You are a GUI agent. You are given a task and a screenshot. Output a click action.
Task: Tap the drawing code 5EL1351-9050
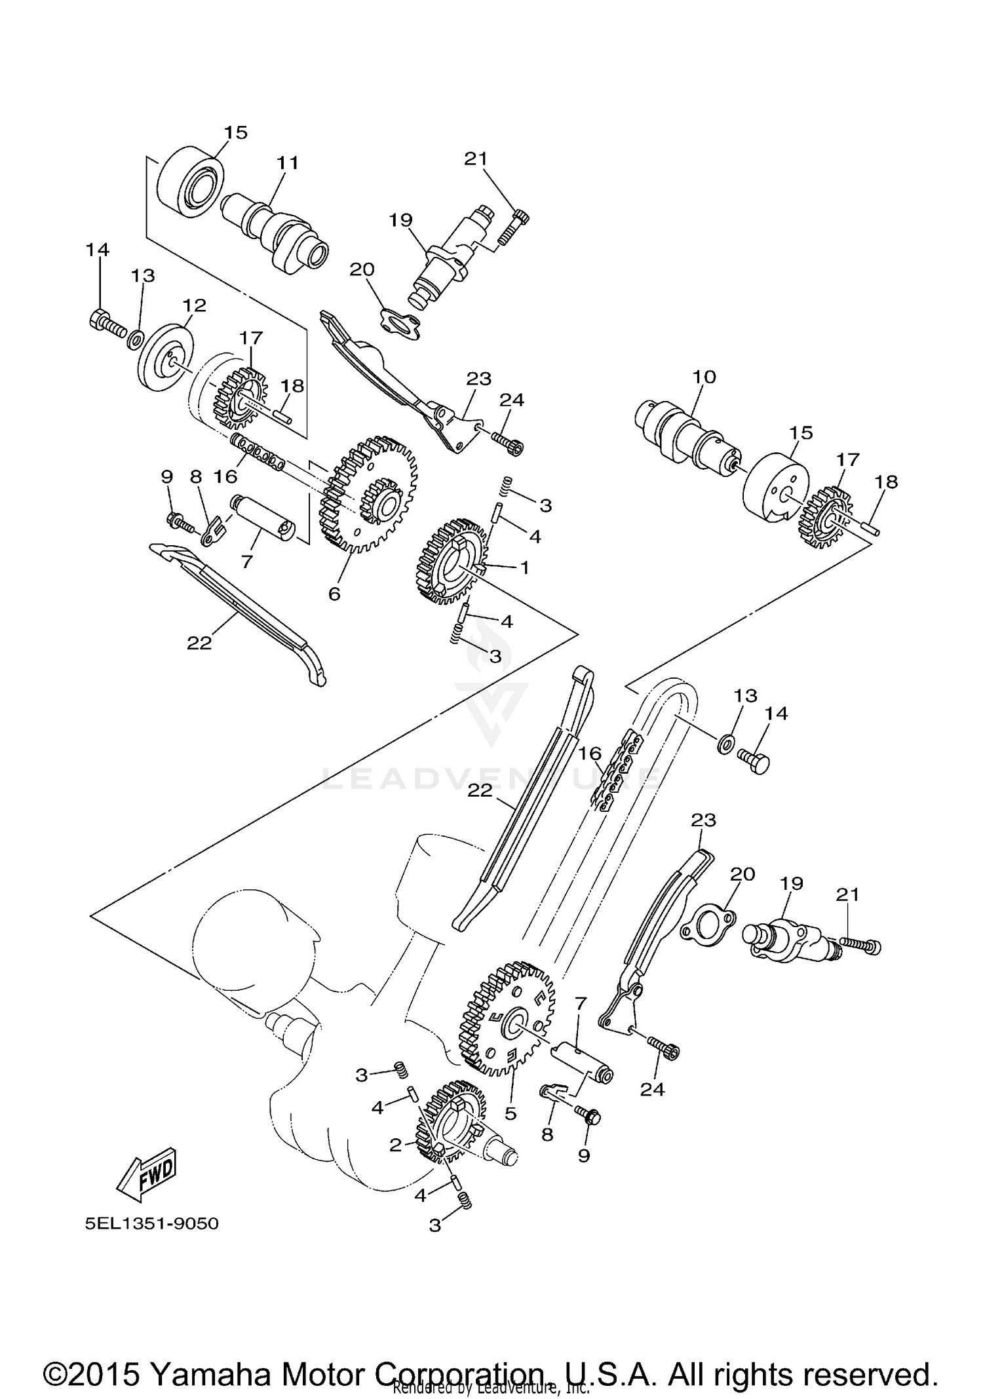[x=151, y=1223]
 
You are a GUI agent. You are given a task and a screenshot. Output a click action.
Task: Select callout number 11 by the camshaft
[x=287, y=163]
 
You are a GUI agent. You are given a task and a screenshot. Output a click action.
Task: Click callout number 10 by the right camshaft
[x=704, y=377]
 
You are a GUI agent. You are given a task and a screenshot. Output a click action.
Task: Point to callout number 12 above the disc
[x=195, y=305]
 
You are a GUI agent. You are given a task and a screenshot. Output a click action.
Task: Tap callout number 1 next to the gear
[x=524, y=567]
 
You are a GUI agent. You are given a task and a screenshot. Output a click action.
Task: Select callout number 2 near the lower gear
[x=395, y=1145]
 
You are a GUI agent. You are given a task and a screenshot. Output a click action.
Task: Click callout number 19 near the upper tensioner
[x=400, y=220]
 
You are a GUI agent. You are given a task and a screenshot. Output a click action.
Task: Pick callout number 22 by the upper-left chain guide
[x=199, y=643]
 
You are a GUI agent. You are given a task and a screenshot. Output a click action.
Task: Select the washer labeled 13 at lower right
[x=725, y=744]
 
